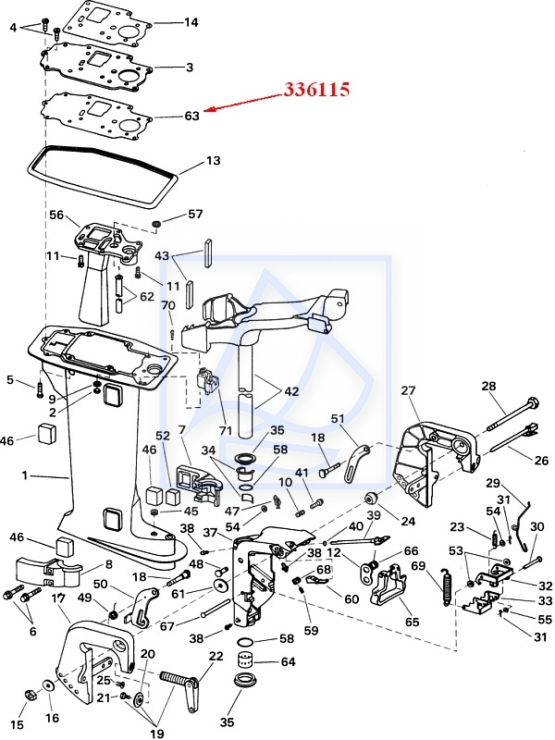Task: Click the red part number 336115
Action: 316,91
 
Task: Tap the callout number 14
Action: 191,21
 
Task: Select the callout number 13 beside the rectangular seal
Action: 213,160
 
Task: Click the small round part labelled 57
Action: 157,225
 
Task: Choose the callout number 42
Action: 291,391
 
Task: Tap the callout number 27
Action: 408,391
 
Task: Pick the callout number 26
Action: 541,460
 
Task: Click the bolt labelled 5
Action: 38,386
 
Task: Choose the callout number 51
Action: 337,418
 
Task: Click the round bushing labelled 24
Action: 369,490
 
